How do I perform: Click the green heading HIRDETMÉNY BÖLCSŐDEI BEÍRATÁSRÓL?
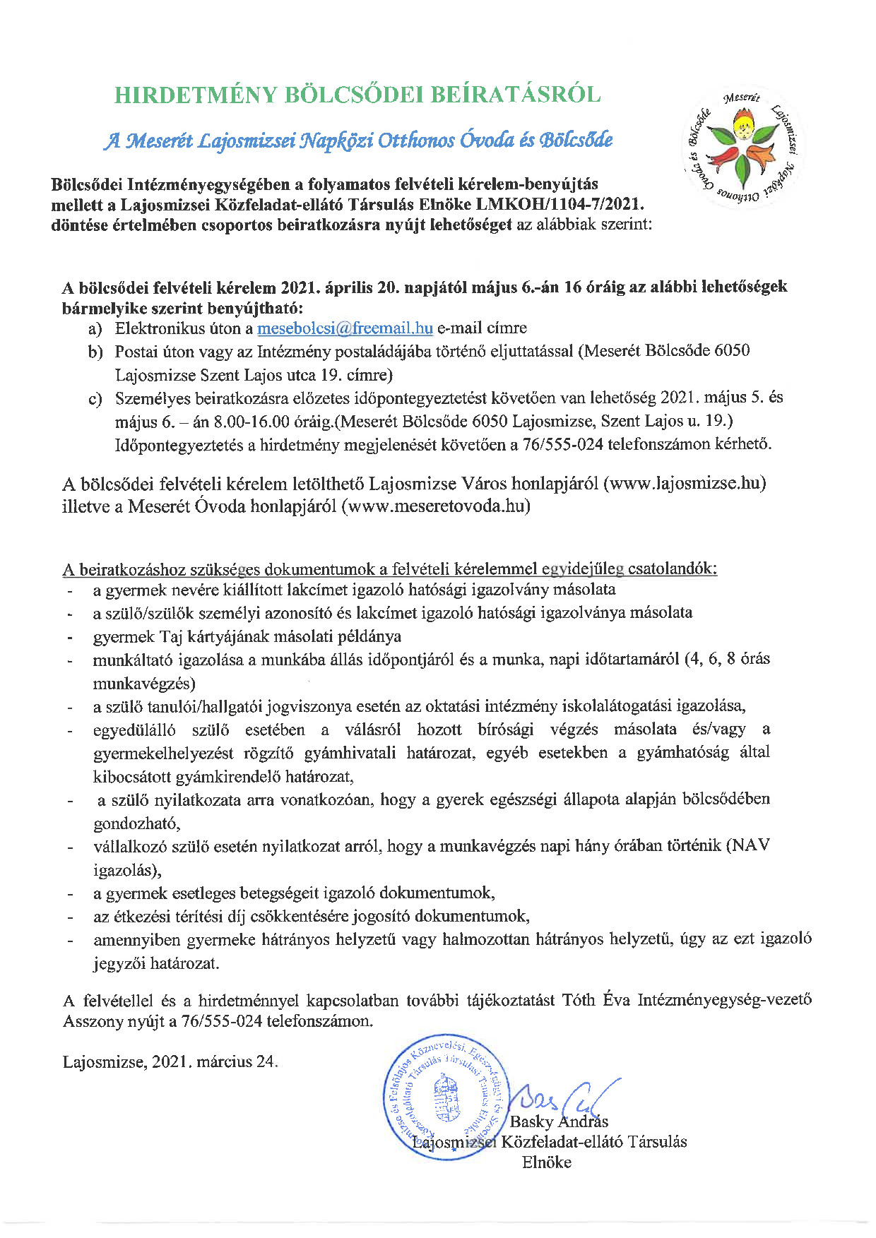[x=357, y=95]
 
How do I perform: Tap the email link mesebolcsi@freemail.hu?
[x=345, y=328]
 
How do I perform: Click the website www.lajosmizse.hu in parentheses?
[x=685, y=484]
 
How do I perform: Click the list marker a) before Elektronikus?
[x=95, y=329]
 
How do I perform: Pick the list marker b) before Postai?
[x=95, y=352]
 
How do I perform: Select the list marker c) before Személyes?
[x=95, y=399]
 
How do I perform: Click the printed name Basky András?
[x=559, y=1121]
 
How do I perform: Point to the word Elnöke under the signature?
[x=547, y=1162]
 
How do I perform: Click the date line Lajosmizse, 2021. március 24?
[x=170, y=1062]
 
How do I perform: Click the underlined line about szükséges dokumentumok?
[x=390, y=569]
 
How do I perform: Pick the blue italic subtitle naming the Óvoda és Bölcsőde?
[x=358, y=140]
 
